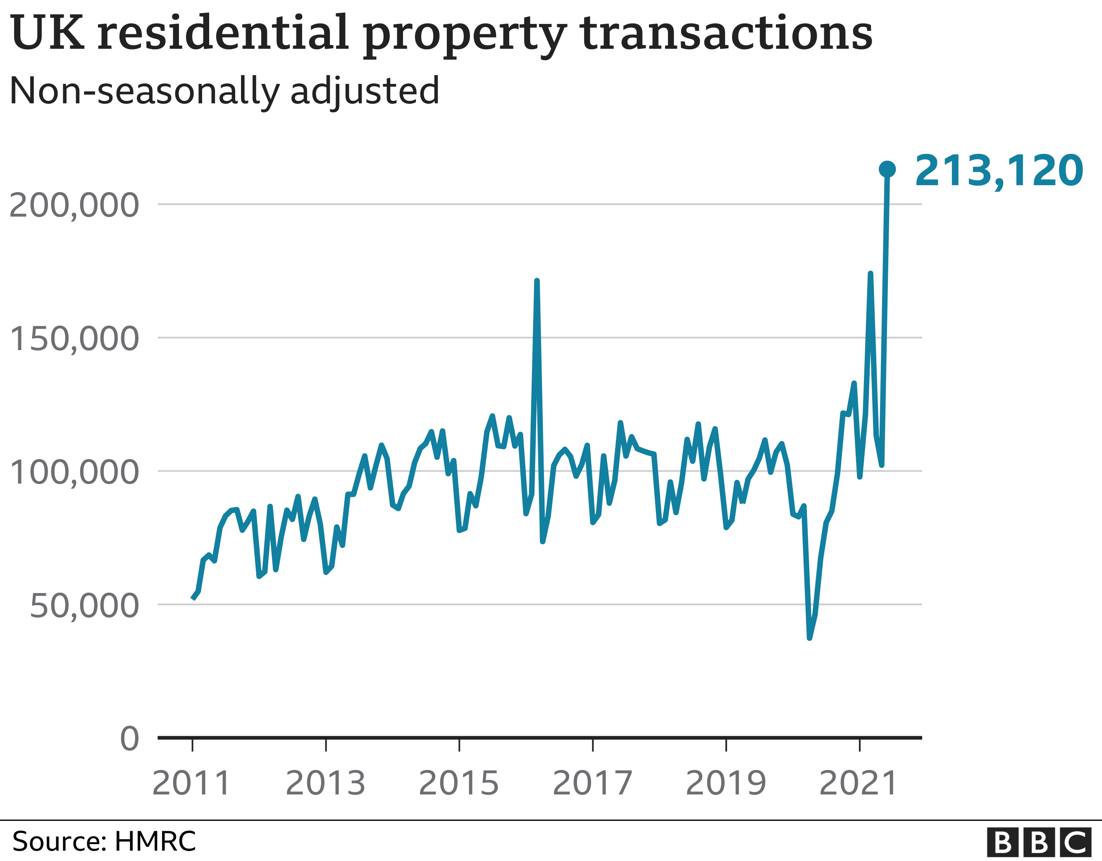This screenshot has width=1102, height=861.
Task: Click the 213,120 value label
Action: click(999, 171)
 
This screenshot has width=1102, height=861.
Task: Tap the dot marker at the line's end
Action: click(887, 169)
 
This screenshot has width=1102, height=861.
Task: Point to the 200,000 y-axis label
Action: click(74, 205)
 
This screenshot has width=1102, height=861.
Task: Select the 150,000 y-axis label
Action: click(74, 339)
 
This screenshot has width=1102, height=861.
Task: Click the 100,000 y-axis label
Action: click(74, 472)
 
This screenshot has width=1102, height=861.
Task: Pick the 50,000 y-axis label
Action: click(84, 606)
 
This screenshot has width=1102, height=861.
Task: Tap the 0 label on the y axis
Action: click(130, 739)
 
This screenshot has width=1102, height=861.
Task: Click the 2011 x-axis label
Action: click(192, 783)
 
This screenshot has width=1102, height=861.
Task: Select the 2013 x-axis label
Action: click(325, 783)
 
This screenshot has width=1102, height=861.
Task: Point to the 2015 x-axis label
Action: click(459, 783)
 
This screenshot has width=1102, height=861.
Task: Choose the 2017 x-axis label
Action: click(592, 783)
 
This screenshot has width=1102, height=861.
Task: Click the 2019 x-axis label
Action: click(725, 783)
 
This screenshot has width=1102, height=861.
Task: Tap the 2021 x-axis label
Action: click(859, 783)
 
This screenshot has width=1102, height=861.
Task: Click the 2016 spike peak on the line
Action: click(537, 281)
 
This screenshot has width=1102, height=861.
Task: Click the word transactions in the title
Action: click(727, 33)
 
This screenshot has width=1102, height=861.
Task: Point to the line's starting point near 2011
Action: click(193, 599)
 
